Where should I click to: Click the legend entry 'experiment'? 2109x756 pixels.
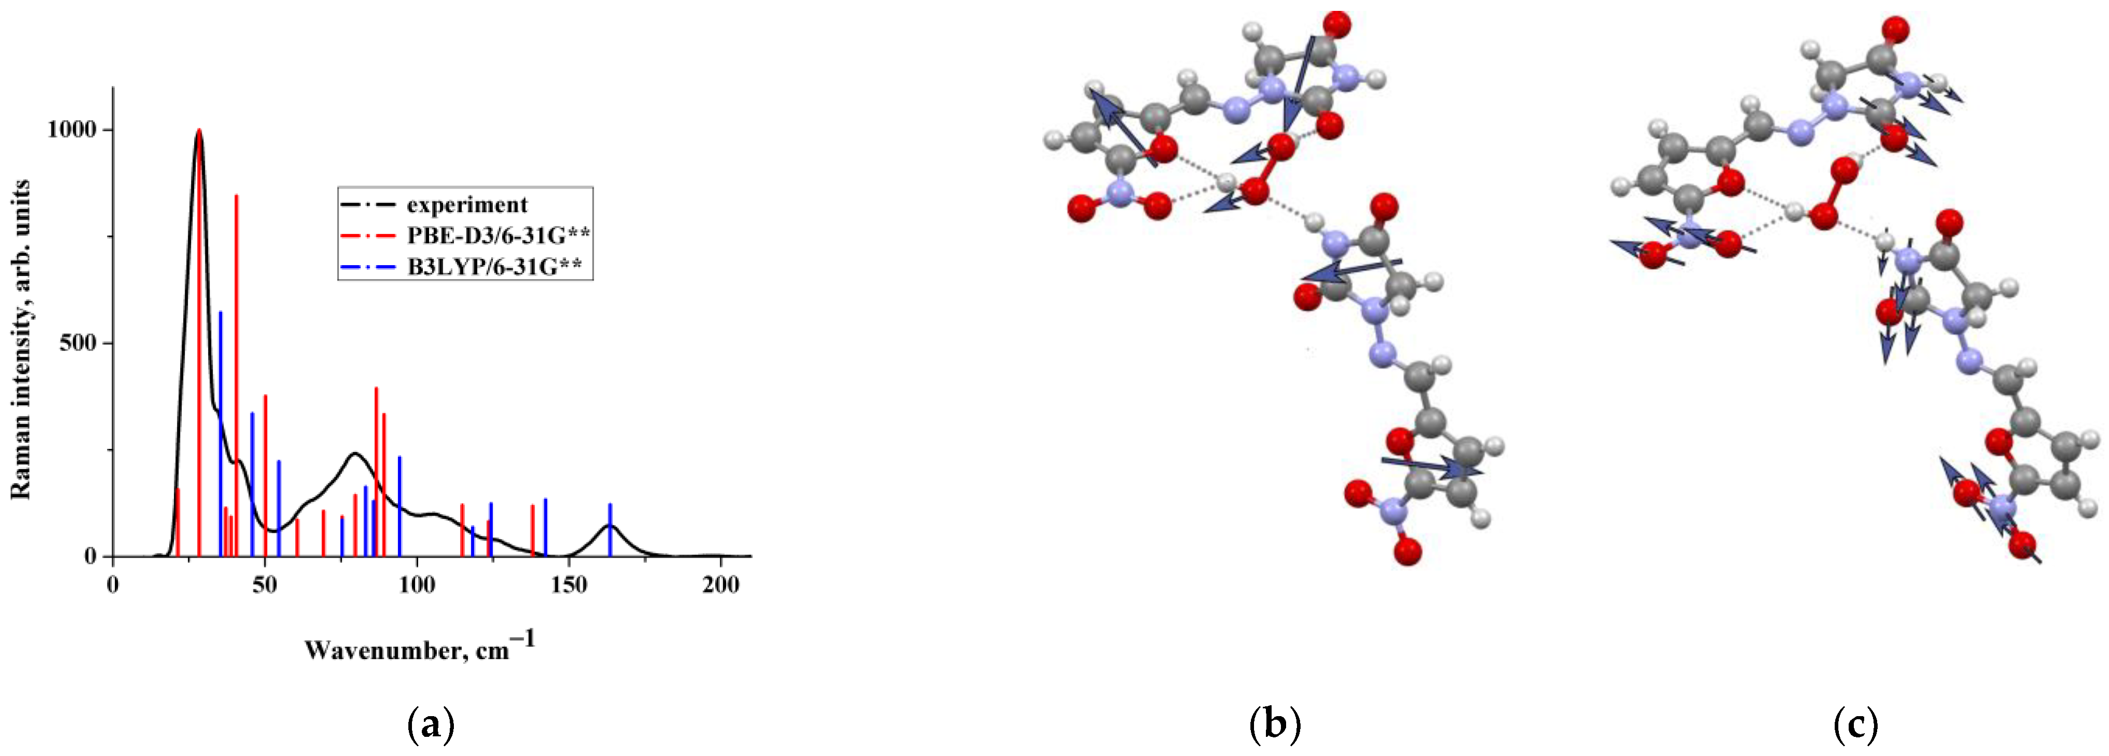(467, 205)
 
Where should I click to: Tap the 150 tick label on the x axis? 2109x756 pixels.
(568, 586)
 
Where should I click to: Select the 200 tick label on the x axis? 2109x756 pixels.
(720, 586)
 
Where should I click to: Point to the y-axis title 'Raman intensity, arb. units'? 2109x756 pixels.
(21, 340)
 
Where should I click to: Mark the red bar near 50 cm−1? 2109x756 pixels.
(266, 475)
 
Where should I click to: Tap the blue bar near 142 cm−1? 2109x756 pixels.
(545, 528)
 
